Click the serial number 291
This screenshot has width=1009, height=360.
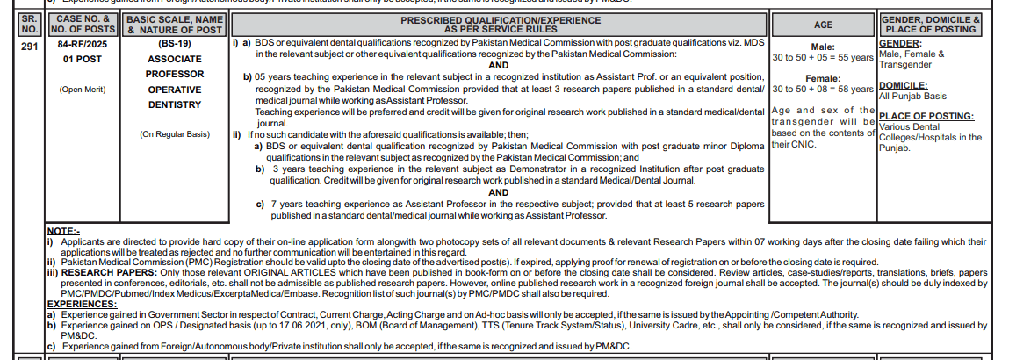pos(28,47)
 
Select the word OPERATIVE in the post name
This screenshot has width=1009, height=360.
pos(174,90)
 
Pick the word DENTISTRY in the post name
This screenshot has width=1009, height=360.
pos(174,104)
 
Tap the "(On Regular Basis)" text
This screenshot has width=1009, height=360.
pos(174,134)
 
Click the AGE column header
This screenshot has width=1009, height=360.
pos(823,25)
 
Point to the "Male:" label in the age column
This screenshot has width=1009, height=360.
pos(823,47)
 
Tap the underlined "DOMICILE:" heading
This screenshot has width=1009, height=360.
pos(904,85)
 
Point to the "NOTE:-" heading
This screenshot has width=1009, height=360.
pos(62,231)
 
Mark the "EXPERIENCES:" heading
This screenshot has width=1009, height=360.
pos(83,304)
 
